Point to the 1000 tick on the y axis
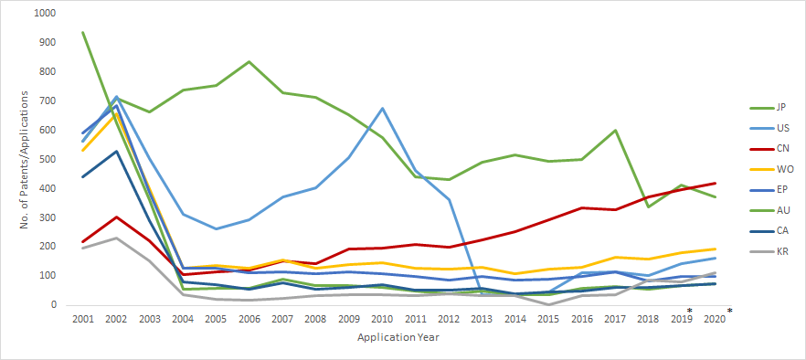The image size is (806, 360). [43, 14]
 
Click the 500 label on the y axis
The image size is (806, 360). [46, 159]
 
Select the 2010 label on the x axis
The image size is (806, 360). [382, 319]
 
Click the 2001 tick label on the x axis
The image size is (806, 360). [82, 319]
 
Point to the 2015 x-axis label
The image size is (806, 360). [548, 319]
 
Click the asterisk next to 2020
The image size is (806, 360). [729, 312]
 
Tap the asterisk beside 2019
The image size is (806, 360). [689, 312]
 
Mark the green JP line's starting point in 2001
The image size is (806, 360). [82, 32]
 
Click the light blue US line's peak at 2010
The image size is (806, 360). [382, 109]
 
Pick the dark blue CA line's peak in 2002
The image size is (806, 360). [115, 151]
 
